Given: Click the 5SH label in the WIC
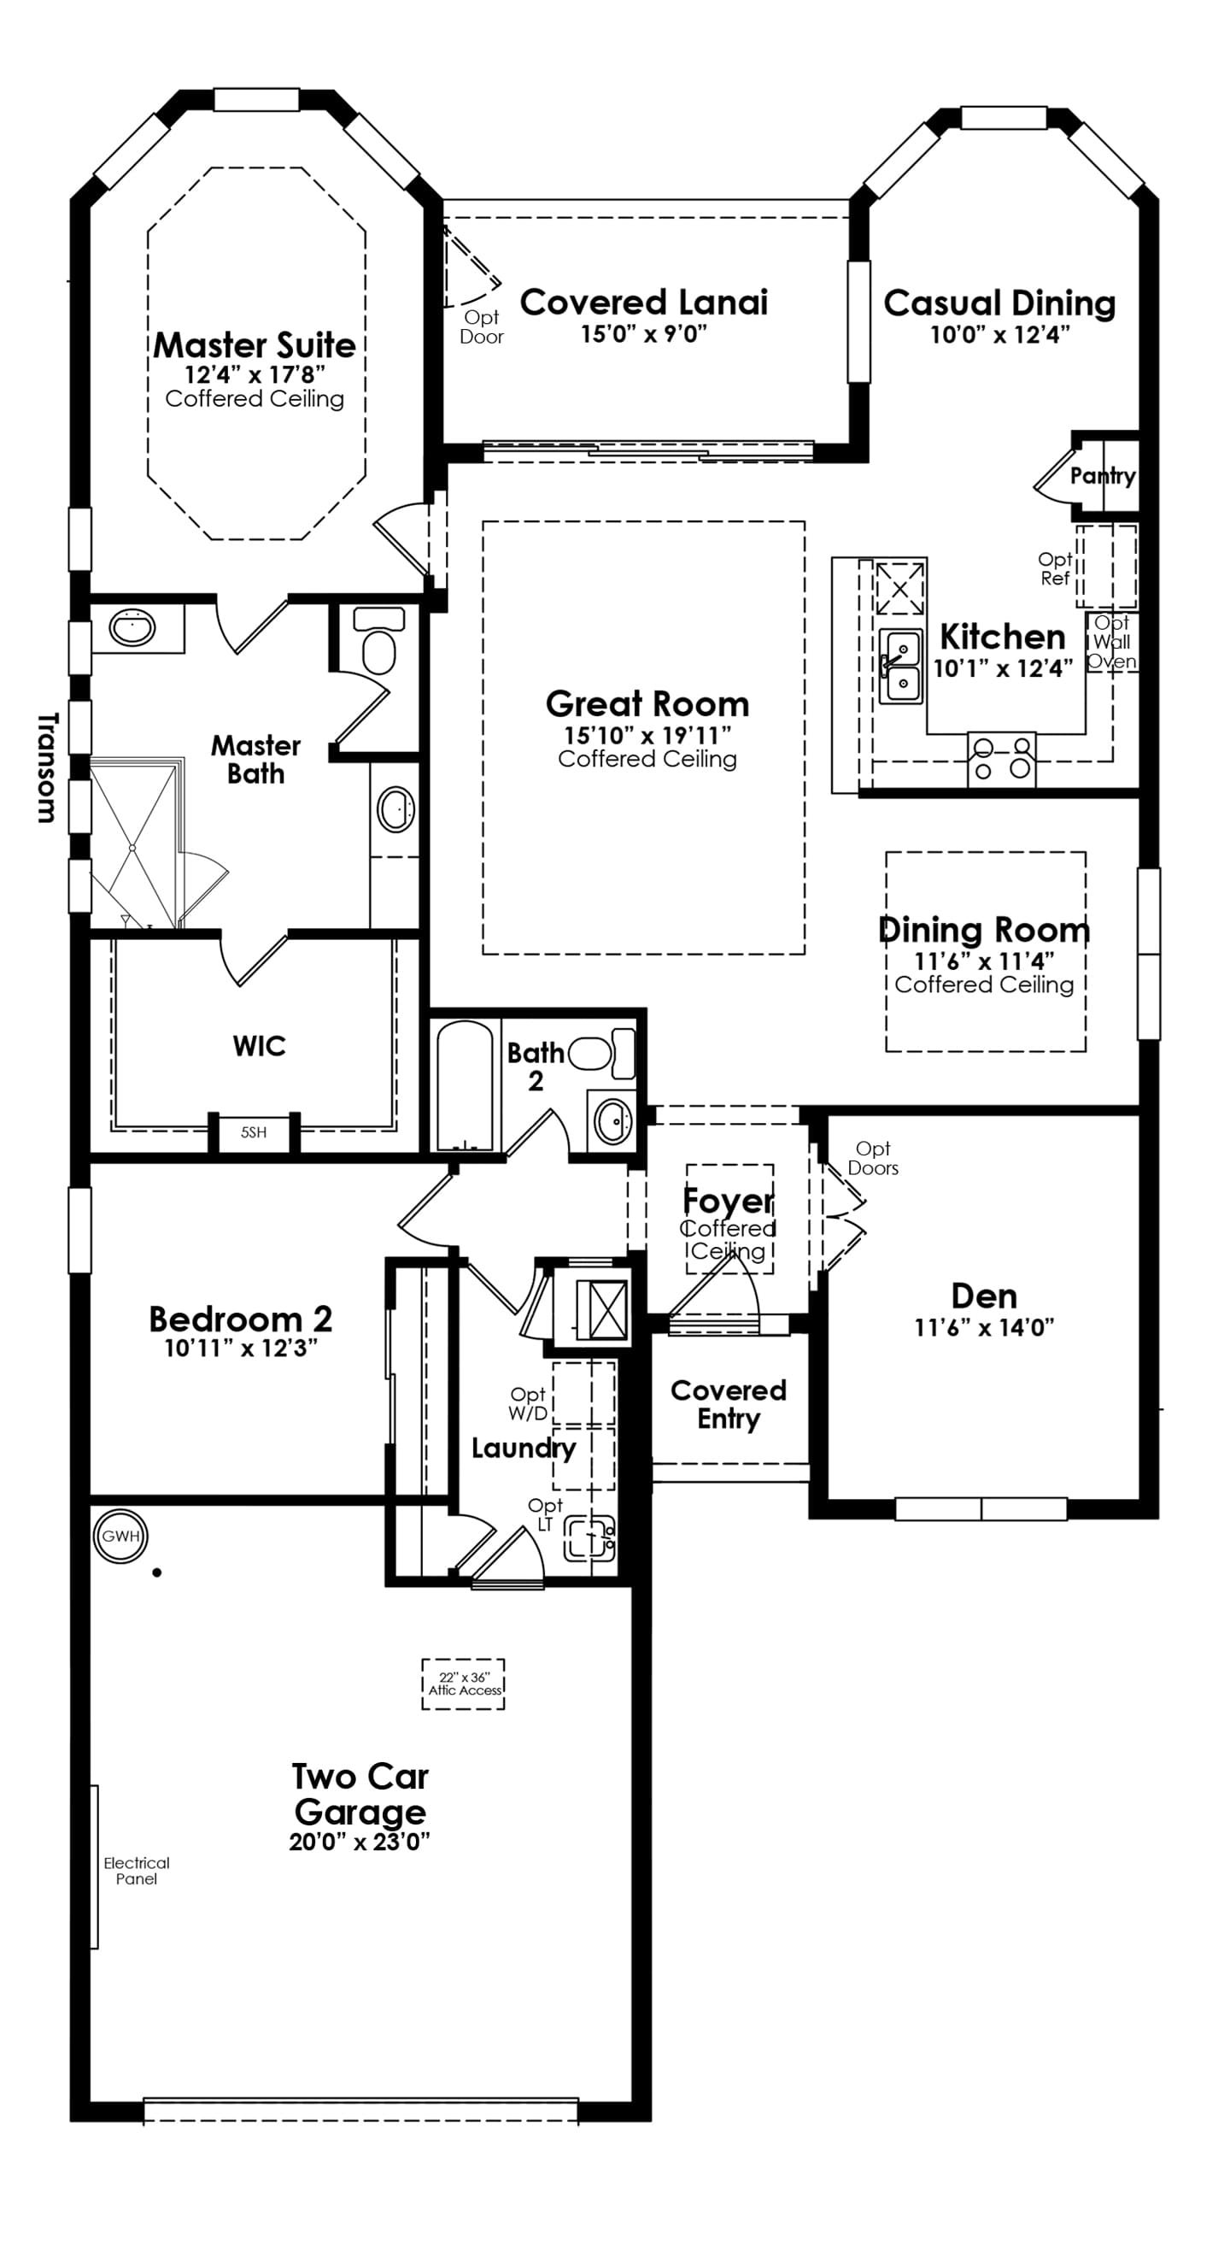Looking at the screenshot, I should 254,1132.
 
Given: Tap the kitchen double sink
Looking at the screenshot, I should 899,665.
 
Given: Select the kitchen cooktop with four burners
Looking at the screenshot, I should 1002,759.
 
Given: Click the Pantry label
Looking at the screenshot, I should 1103,476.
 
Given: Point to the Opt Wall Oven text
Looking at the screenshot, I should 1112,642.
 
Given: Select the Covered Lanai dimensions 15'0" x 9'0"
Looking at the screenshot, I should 644,335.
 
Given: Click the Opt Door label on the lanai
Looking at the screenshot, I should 482,326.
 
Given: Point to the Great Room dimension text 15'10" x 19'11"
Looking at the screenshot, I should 647,735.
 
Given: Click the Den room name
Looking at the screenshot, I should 984,1296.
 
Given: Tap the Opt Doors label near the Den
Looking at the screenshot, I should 873,1158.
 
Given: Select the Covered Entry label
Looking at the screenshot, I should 729,1404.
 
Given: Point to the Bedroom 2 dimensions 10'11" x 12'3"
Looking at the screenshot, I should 241,1349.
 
